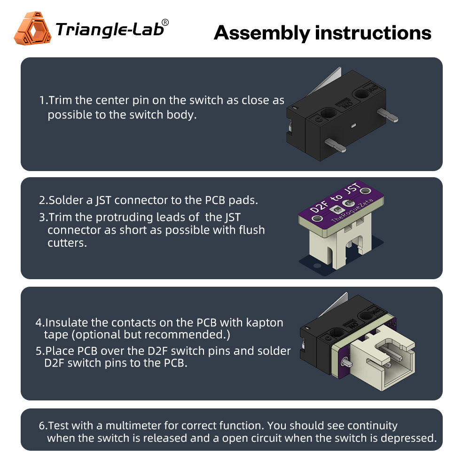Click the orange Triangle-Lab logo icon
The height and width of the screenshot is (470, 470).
[x=33, y=29]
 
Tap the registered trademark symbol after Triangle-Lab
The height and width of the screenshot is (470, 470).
[x=165, y=23]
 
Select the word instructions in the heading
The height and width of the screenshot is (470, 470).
[x=373, y=33]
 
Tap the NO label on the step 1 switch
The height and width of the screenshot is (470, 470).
[x=347, y=105]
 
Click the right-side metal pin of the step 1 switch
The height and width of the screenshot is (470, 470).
[x=388, y=115]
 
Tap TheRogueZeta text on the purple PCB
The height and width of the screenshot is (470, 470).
[x=352, y=211]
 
